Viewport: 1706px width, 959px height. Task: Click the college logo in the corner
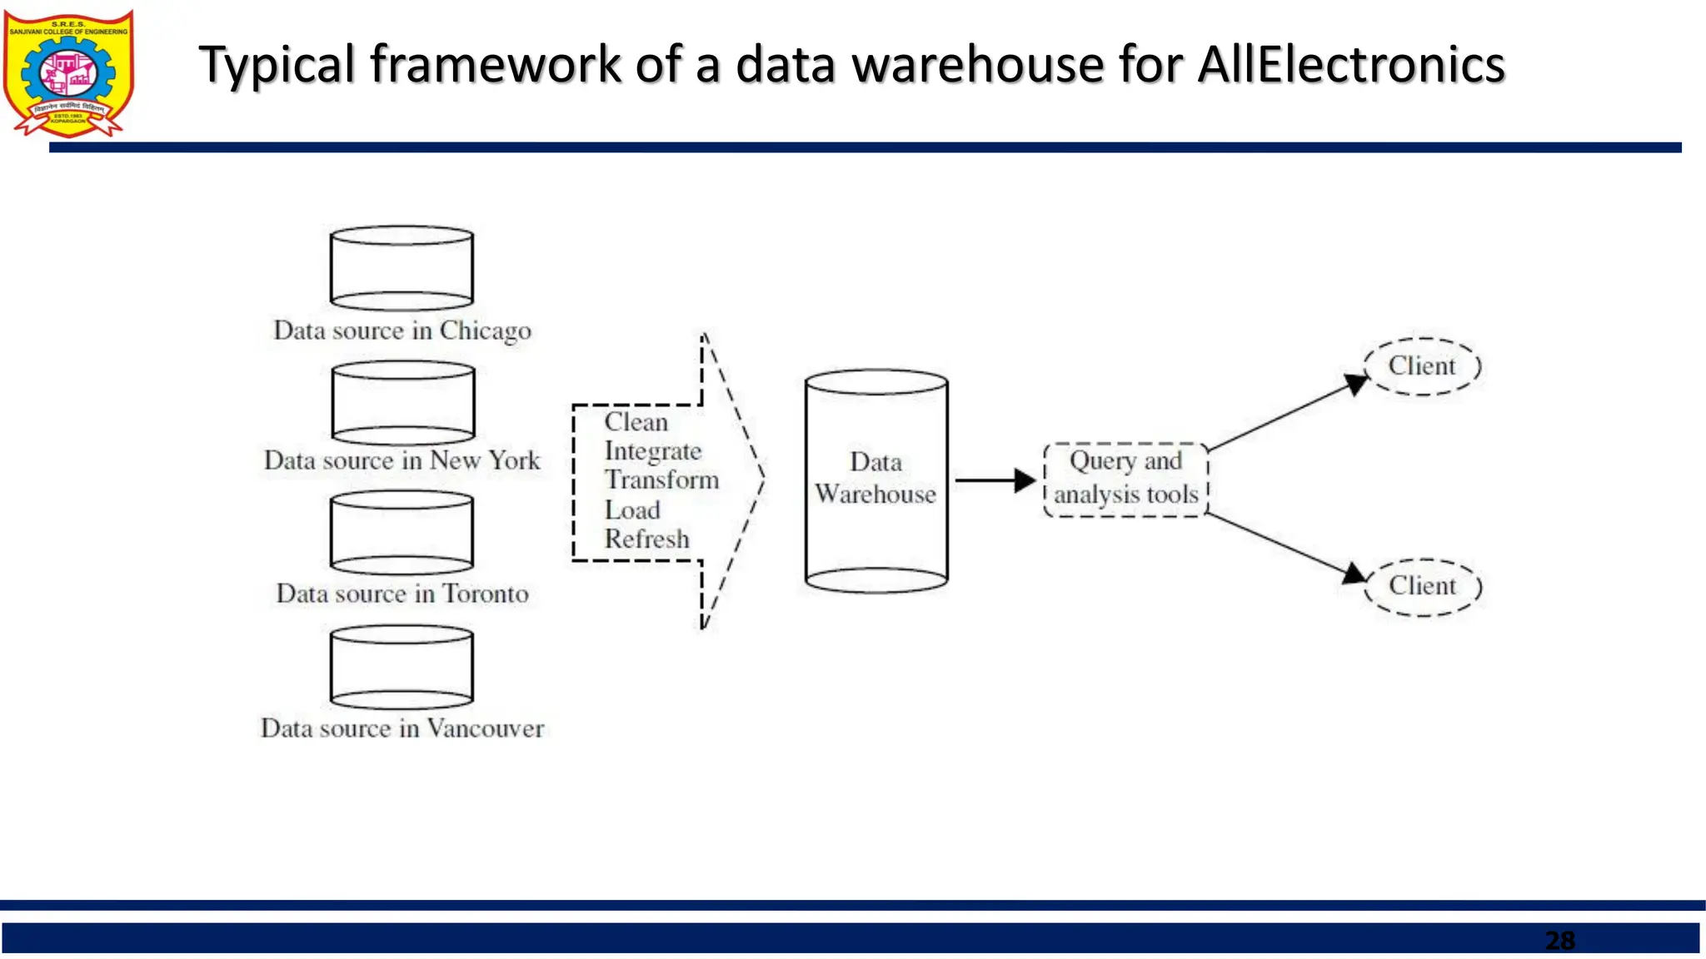(68, 73)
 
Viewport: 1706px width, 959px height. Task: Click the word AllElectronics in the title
(1350, 65)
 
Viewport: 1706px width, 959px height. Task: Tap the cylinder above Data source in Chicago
(402, 268)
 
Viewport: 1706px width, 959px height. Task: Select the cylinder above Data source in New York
(403, 403)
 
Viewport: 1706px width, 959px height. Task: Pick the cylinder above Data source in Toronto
(402, 533)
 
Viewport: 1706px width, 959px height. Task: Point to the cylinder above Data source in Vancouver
(402, 667)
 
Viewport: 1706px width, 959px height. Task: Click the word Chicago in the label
(485, 331)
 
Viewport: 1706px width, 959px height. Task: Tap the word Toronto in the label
(485, 594)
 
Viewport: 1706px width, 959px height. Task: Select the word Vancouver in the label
(485, 728)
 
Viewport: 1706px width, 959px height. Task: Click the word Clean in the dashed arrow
(636, 422)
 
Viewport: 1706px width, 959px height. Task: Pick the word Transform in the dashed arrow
(661, 480)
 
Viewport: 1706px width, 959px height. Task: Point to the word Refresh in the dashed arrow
(646, 539)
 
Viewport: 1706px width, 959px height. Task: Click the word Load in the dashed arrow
(631, 510)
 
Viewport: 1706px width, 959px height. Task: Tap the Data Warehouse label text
(875, 479)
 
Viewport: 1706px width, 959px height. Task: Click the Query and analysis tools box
(1125, 479)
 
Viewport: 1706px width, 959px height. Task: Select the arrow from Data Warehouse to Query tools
(993, 480)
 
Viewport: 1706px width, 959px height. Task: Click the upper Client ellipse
(1422, 366)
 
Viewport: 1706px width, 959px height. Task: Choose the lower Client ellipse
(1423, 586)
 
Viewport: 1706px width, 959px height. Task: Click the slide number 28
(1559, 941)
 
